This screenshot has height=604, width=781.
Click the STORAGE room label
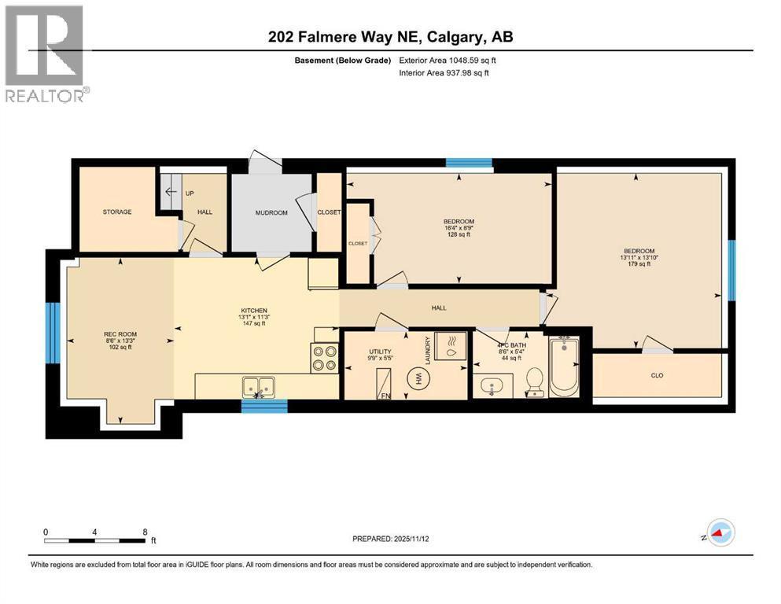[116, 212]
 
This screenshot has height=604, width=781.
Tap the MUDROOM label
[271, 212]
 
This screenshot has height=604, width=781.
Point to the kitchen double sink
[259, 386]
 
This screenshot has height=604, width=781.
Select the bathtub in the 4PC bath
[563, 367]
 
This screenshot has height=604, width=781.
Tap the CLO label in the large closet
[657, 375]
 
